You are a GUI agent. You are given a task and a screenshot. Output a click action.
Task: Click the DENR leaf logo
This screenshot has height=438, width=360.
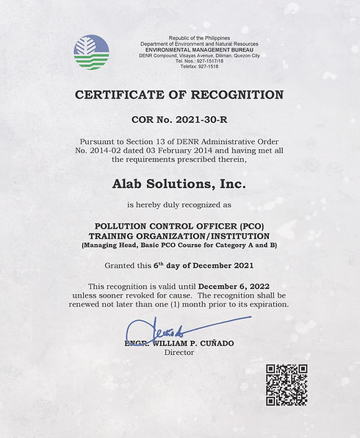click(x=91, y=52)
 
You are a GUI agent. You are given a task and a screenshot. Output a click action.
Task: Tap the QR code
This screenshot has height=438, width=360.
click(x=286, y=384)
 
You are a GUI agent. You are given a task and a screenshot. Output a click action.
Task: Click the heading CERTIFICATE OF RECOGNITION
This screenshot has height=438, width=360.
click(x=179, y=95)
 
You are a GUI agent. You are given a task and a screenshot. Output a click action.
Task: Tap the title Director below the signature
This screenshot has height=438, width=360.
click(x=179, y=353)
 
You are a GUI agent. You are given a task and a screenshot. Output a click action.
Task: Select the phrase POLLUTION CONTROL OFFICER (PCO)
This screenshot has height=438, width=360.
click(x=179, y=226)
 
